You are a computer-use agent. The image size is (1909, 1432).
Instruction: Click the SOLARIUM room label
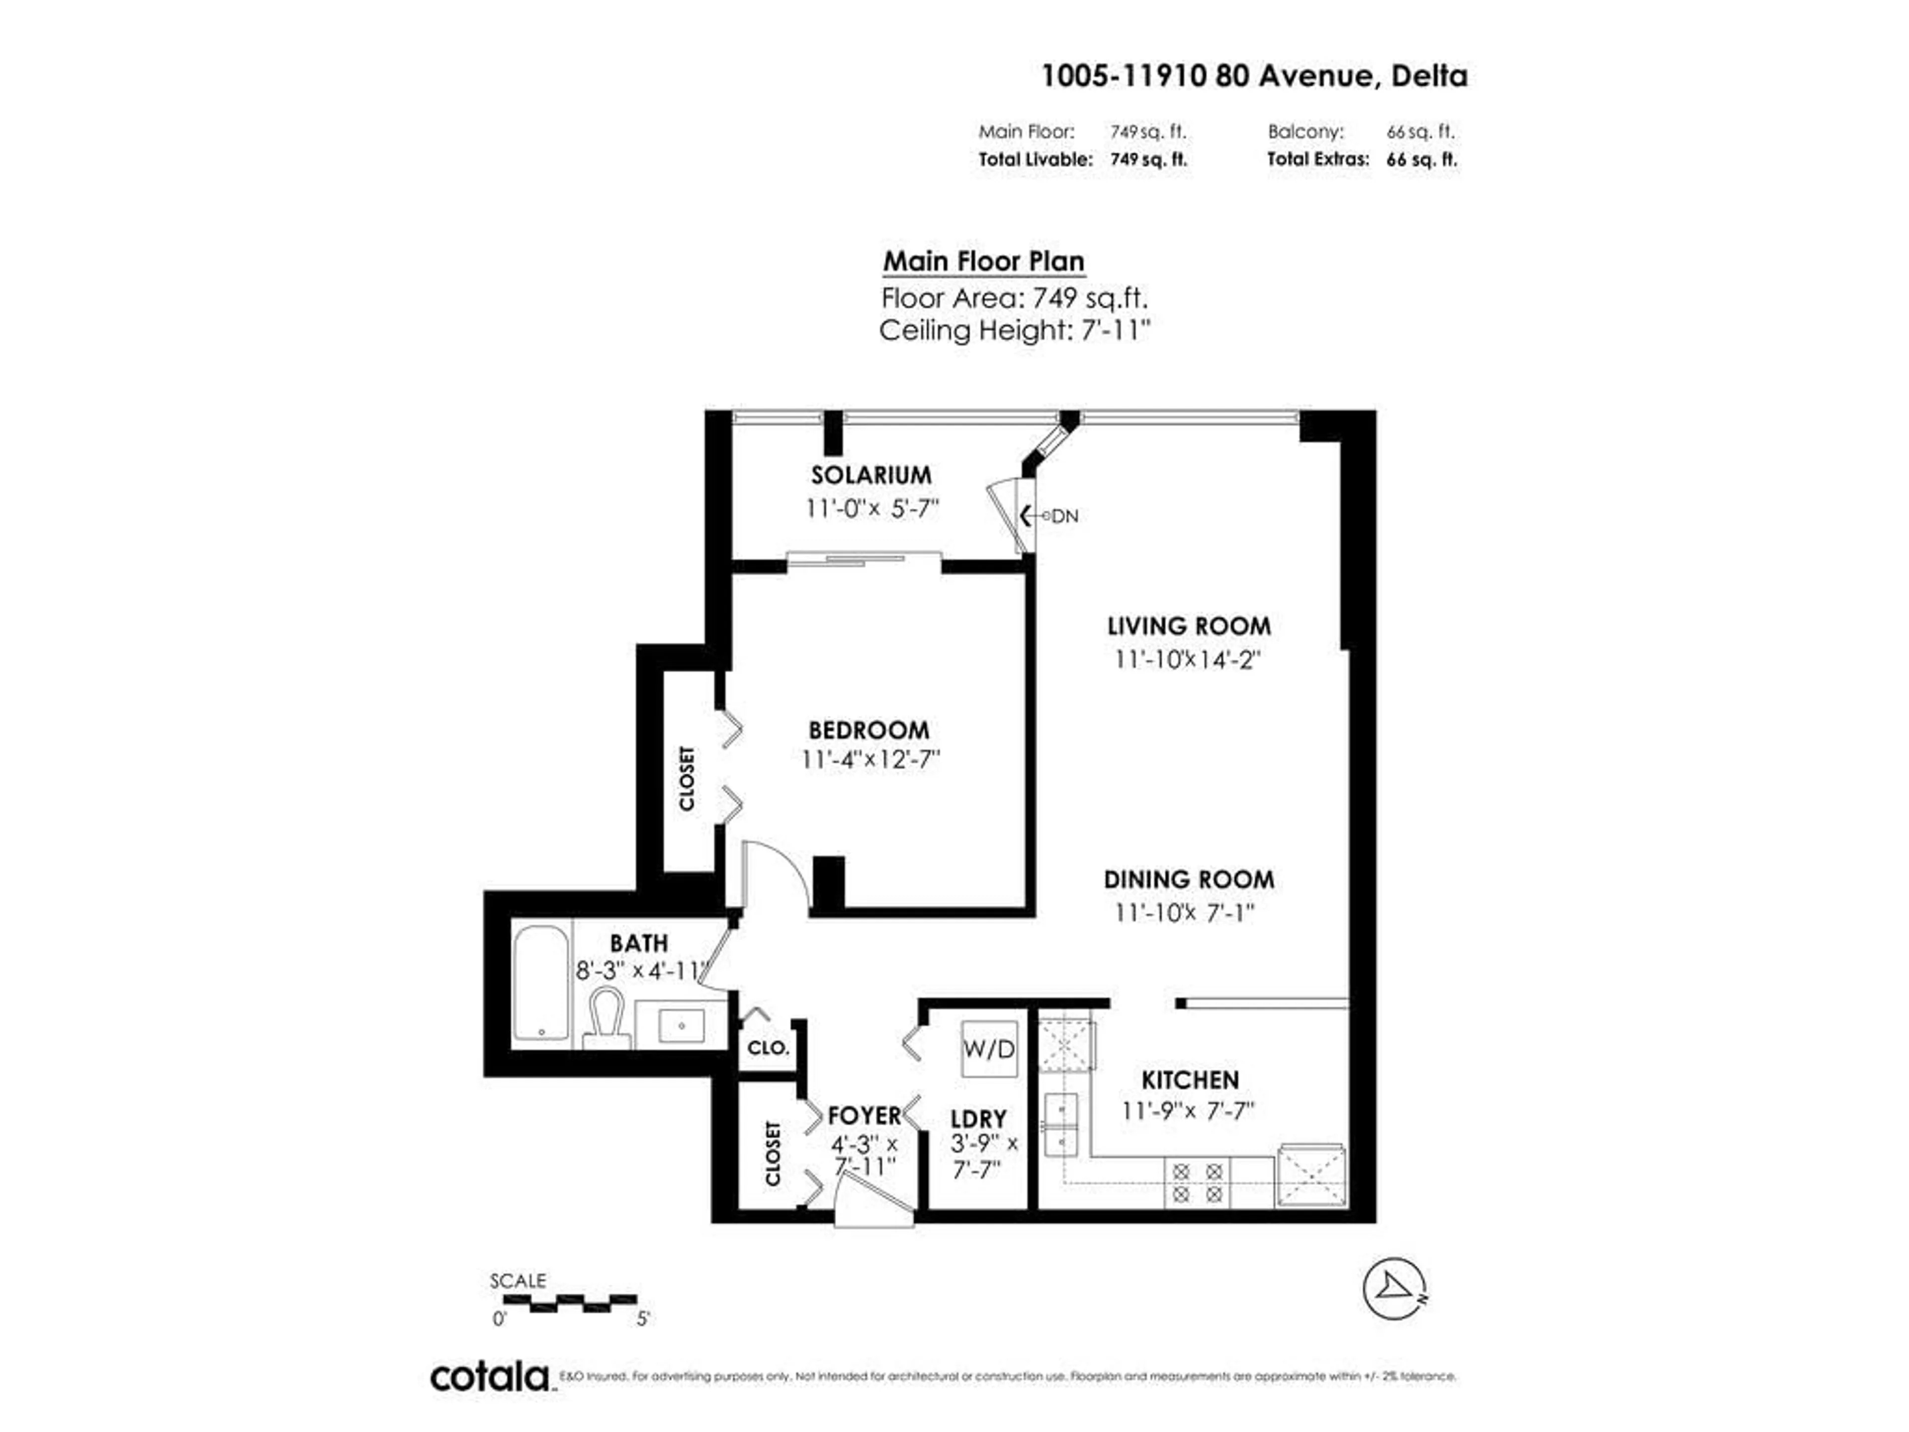coord(871,475)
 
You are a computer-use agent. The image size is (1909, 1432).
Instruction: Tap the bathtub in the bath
coord(541,983)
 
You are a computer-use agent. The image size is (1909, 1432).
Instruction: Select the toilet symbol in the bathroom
coord(606,1017)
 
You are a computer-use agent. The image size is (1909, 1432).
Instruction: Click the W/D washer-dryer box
coord(989,1049)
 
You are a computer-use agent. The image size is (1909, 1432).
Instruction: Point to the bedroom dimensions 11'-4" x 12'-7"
coord(870,760)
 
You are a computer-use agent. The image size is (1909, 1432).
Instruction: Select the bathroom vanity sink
coord(681,1025)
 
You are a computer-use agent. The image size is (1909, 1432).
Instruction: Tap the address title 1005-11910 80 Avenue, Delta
coord(1254,76)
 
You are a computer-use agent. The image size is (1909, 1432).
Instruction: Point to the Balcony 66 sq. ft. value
coord(1420,132)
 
